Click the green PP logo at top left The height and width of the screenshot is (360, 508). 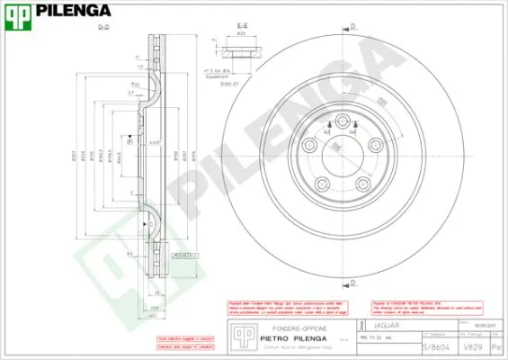[20, 11]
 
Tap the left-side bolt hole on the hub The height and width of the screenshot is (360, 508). [309, 146]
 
